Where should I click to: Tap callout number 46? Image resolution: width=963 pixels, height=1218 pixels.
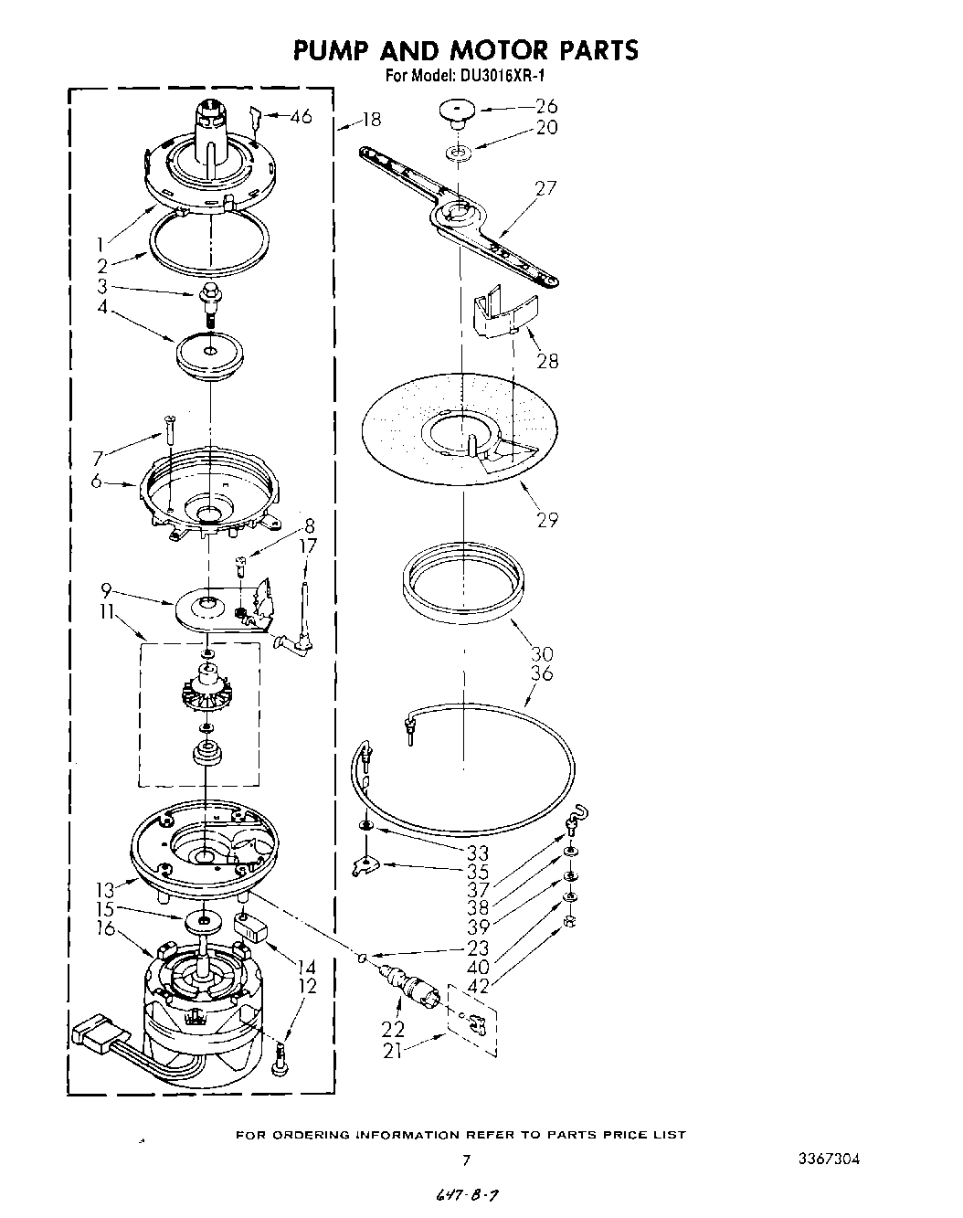pos(301,116)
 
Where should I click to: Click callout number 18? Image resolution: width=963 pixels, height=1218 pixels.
pos(371,119)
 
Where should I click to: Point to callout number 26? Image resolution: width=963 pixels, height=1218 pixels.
pos(546,106)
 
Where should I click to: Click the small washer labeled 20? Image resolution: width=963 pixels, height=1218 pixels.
pos(460,150)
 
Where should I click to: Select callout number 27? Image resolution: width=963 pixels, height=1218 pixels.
pos(545,188)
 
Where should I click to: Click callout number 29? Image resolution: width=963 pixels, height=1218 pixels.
pos(547,520)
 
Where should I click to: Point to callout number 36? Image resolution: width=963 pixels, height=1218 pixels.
pos(542,673)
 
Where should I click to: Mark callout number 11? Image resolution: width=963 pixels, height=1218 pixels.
pos(111,615)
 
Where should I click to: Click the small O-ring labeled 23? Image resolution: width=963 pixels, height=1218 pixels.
pos(363,959)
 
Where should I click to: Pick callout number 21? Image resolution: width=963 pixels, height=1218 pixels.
pos(392,1052)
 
